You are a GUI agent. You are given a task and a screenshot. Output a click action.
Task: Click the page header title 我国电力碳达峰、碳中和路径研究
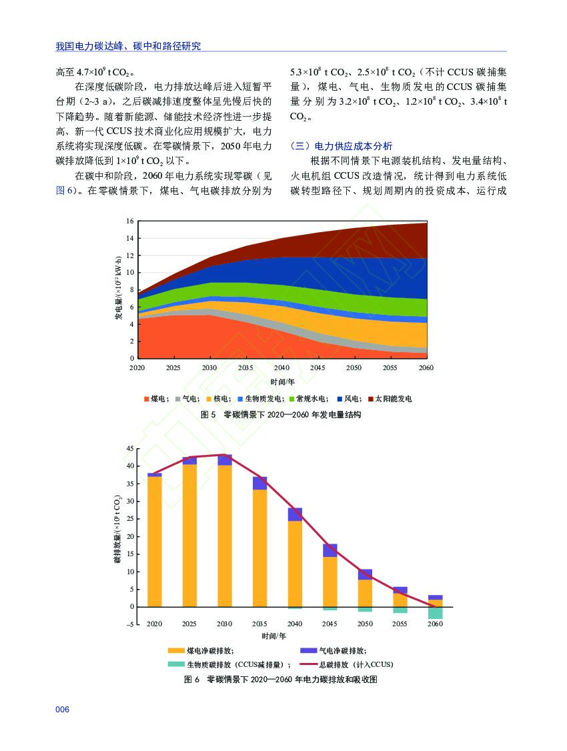128,46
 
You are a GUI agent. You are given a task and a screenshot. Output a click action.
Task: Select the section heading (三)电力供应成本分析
342,146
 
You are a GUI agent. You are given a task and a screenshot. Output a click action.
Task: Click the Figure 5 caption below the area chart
281,415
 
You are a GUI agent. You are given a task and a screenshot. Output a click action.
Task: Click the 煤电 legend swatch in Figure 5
147,399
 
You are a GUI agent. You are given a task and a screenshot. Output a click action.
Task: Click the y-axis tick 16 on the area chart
130,221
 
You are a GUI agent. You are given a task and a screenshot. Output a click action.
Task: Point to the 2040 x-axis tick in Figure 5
281,367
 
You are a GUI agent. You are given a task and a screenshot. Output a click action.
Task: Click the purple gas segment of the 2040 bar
295,514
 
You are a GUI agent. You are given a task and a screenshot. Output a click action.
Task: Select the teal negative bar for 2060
435,613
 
